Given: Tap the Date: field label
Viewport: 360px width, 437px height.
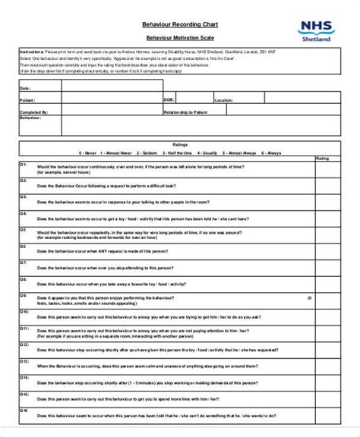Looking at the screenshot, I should point(24,87).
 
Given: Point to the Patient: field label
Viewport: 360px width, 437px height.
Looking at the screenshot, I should point(27,99).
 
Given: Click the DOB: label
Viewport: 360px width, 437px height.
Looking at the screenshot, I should point(169,99).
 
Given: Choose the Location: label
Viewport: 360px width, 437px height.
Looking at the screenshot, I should point(224,99).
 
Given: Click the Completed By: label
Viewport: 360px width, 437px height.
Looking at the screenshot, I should point(30,111).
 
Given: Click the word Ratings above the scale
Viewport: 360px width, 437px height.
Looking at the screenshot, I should point(180,143).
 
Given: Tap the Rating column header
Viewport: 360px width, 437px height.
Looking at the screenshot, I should point(322,159).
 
